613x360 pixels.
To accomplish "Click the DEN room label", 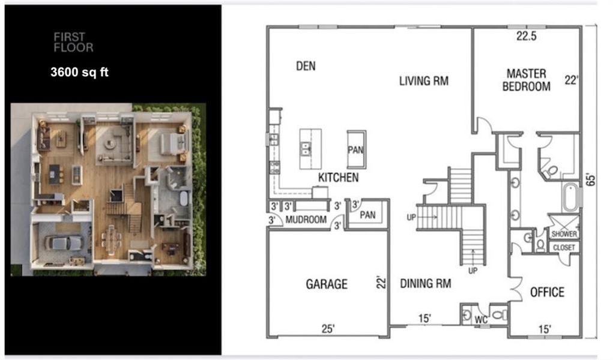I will [x=306, y=66].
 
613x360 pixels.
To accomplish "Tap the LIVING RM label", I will [x=424, y=81].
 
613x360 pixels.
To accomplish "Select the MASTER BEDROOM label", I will [x=526, y=80].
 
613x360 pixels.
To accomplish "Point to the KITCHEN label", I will [x=338, y=178].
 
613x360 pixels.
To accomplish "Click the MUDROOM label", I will [x=306, y=220].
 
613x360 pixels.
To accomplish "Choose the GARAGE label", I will [x=326, y=284].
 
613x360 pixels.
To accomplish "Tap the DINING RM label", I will [x=426, y=283].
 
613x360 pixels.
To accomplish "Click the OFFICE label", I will [x=547, y=292].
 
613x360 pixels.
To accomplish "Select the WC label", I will [x=481, y=320].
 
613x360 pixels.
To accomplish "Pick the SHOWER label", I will [x=565, y=234].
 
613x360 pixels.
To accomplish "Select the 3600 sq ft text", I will [x=79, y=73].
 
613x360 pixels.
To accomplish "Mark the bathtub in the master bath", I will [x=571, y=197].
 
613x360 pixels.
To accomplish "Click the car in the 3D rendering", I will [x=64, y=243].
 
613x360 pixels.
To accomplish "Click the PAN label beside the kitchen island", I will [x=355, y=149].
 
